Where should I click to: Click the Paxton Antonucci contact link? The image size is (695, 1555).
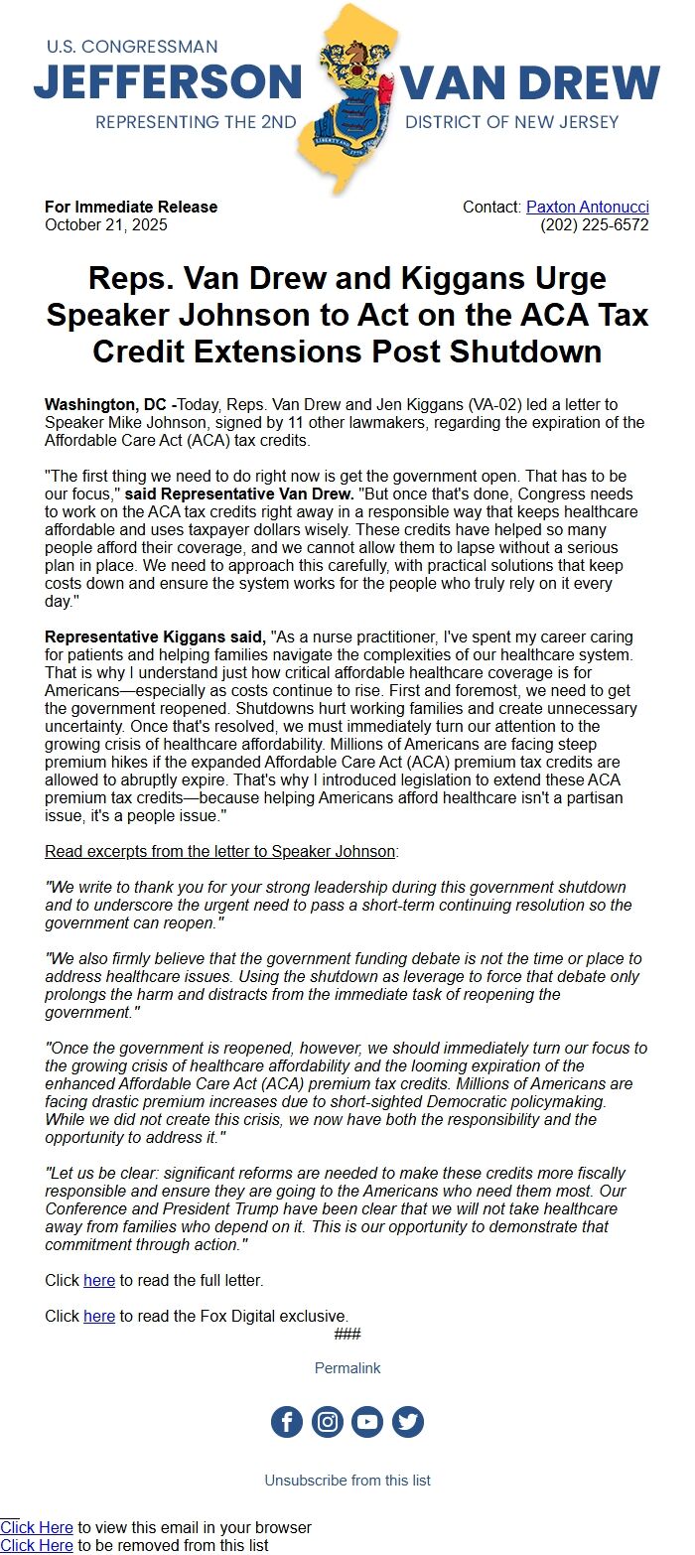tap(587, 208)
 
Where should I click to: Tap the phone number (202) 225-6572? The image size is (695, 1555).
tap(594, 225)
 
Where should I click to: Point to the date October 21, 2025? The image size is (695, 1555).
tap(106, 225)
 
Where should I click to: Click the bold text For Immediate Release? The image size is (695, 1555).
tap(131, 208)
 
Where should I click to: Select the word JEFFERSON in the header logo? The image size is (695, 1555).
tap(167, 81)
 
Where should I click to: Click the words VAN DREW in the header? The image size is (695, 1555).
tap(531, 81)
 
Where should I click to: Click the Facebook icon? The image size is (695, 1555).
tap(287, 1422)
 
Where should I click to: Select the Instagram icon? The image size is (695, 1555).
tap(328, 1422)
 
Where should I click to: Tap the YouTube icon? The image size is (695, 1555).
tap(367, 1422)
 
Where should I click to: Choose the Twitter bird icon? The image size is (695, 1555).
tap(408, 1422)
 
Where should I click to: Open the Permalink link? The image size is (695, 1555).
tap(347, 1368)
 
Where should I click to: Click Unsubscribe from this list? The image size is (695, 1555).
tap(347, 1481)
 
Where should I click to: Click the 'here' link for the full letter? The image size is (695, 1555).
tap(99, 1281)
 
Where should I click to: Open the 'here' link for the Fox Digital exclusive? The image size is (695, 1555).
tap(99, 1317)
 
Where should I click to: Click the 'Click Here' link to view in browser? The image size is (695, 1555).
tap(37, 1528)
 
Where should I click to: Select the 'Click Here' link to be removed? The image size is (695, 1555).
tap(37, 1546)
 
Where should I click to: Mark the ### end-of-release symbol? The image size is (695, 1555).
tap(347, 1334)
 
